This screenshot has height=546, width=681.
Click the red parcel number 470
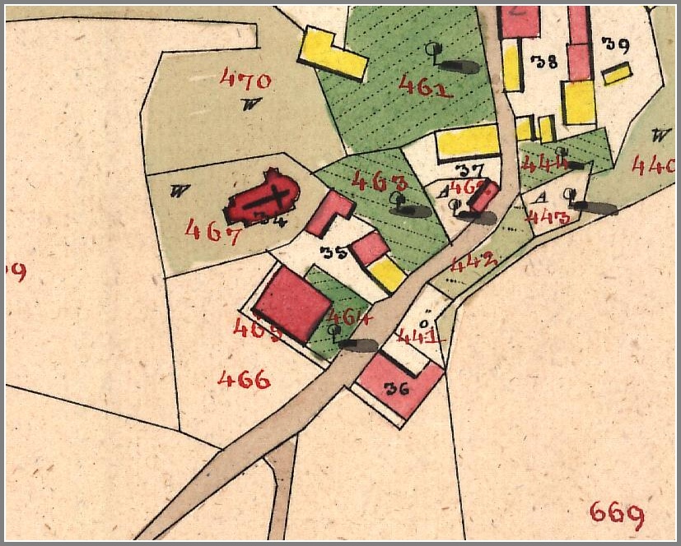point(245,80)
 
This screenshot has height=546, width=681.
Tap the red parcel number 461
point(425,86)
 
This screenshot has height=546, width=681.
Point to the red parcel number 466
point(244,379)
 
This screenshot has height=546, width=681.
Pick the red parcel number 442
point(474,262)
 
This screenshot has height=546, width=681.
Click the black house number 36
point(397,389)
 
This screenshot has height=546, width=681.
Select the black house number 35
point(334,253)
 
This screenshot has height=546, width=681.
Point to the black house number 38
point(545,60)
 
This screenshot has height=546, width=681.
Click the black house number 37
point(468,170)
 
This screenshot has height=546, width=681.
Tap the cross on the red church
point(273,199)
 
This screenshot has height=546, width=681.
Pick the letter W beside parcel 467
point(175,192)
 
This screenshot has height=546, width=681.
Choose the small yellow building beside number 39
point(617,74)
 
